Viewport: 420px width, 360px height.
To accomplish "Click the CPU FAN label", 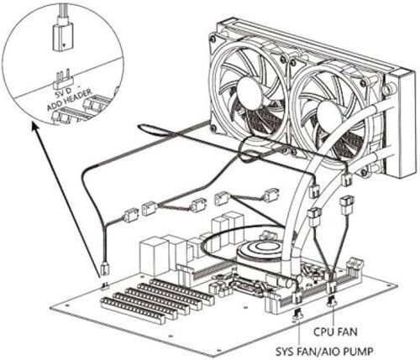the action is (335, 332).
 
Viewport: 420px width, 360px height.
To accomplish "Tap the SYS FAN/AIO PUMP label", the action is (324, 351).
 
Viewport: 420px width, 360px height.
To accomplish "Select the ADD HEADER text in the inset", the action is (69, 100).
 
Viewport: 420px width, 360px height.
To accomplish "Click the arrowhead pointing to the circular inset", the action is (35, 128).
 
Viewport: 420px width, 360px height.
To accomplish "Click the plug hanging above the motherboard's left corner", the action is (105, 268).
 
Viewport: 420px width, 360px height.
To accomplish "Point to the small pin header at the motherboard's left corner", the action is (105, 286).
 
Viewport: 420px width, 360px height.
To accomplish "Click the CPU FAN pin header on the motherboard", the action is (332, 301).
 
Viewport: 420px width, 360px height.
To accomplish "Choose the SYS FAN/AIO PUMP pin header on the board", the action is (297, 314).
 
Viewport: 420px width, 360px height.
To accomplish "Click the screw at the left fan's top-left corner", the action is (214, 38).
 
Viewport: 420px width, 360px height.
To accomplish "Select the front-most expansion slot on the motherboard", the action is (133, 310).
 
